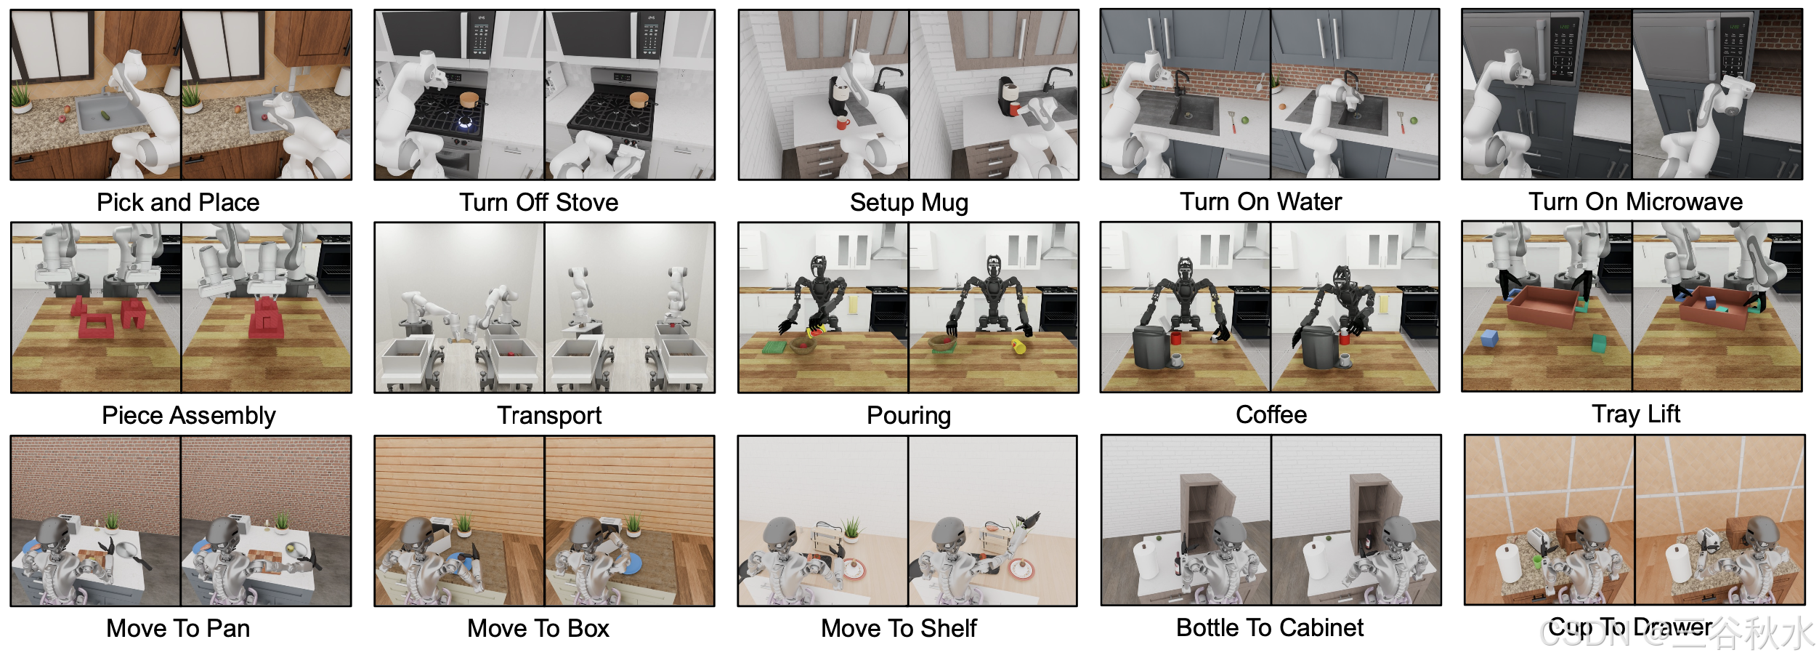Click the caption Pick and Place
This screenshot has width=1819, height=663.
[178, 202]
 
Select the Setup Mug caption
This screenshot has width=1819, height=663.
[909, 203]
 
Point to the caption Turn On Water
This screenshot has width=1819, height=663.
[1260, 201]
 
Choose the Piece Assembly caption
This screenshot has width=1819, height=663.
[189, 416]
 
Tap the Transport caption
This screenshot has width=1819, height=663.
[549, 416]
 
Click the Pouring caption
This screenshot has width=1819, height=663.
[909, 416]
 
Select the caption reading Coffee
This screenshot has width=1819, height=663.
[1271, 414]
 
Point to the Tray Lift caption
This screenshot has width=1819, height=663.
[1636, 414]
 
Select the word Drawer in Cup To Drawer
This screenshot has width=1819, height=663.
[1672, 627]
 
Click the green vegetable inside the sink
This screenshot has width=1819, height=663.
[107, 115]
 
